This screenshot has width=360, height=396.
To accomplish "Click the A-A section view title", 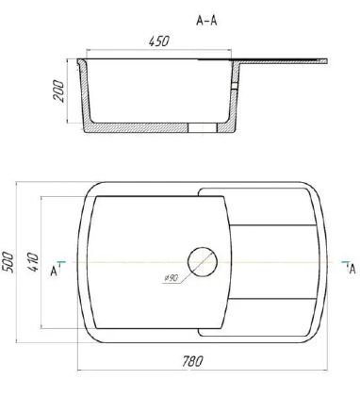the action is (206, 21).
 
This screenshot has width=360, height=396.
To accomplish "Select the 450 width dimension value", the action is (158, 41).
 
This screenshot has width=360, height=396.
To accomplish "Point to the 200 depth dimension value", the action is (58, 91).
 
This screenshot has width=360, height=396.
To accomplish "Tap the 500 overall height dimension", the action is (8, 262).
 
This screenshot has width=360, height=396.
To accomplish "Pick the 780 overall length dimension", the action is (192, 361).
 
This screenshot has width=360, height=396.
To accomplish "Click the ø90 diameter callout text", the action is (172, 278).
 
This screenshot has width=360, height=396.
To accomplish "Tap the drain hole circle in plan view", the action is (203, 262).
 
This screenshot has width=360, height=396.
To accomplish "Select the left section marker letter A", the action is (54, 272).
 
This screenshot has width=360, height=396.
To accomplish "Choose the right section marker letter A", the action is (352, 270).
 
